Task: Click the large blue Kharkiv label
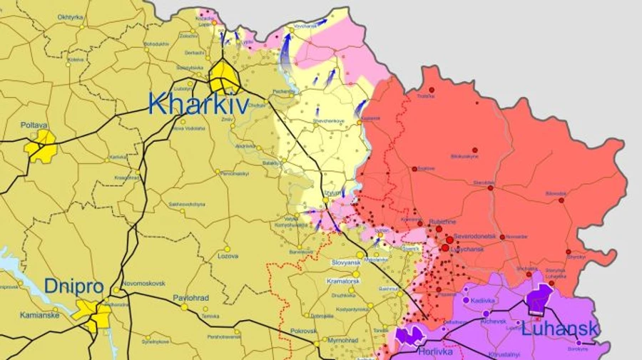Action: [x=198, y=104]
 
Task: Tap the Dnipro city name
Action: [x=74, y=287]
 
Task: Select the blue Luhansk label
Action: [x=560, y=329]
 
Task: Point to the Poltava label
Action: [x=34, y=125]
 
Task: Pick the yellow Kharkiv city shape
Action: [x=225, y=76]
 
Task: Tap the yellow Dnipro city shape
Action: [x=93, y=314]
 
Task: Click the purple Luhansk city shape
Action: [x=540, y=299]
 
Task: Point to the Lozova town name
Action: [x=228, y=255]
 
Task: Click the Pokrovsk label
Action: [x=303, y=331]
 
